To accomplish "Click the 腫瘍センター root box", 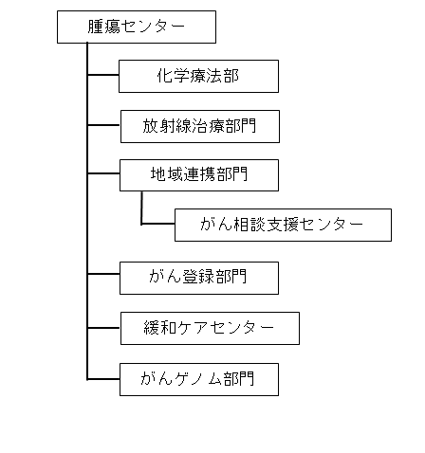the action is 137,27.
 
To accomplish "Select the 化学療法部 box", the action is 198,76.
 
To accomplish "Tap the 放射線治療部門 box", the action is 200,126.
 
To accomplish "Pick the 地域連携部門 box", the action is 199,175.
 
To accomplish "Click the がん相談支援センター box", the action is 283,225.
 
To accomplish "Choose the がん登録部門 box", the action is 199,278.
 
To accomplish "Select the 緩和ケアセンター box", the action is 210,328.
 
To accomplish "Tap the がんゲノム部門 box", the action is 199,379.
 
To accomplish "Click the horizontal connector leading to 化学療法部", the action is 103,75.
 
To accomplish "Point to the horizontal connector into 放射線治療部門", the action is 103,125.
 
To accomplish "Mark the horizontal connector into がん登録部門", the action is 103,274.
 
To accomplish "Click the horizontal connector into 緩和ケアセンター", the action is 103,328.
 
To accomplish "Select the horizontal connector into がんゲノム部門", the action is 103,379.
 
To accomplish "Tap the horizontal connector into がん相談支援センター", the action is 158,224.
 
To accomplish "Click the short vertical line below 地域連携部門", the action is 141,208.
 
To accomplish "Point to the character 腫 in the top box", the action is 96,27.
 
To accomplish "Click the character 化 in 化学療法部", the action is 165,76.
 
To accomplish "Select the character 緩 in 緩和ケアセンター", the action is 152,327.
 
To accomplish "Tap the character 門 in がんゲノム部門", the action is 247,378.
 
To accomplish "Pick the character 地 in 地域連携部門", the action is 158,174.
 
